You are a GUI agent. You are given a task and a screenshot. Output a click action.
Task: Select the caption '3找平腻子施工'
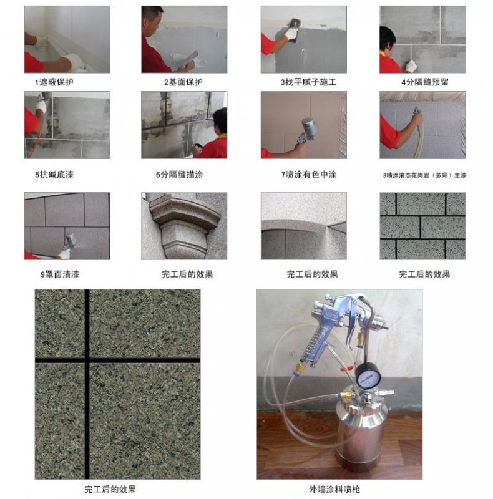[x=304, y=82]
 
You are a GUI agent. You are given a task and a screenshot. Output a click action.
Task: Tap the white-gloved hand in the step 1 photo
[x=74, y=61]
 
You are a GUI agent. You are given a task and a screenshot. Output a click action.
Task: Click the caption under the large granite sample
[x=110, y=488]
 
